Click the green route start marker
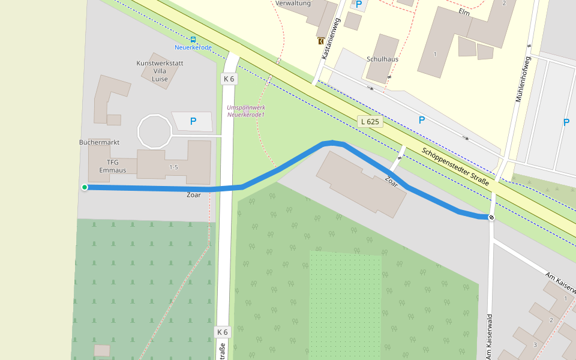pos(85,188)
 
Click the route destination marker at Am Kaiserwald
pos(491,217)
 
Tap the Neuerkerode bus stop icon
pos(193,39)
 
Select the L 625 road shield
pos(370,121)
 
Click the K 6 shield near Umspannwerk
pos(229,79)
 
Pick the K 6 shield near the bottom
pos(222,332)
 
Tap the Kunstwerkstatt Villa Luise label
pos(160,71)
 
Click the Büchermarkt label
pos(99,142)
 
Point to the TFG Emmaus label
pos(112,166)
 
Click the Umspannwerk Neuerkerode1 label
pos(246,111)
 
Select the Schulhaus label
pos(382,59)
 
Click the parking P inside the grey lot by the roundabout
pos(193,121)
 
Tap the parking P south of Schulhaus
pos(421,120)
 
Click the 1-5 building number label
pos(174,167)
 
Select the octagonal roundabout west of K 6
pos(155,131)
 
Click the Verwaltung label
pos(293,4)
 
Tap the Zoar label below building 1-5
pos(193,195)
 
